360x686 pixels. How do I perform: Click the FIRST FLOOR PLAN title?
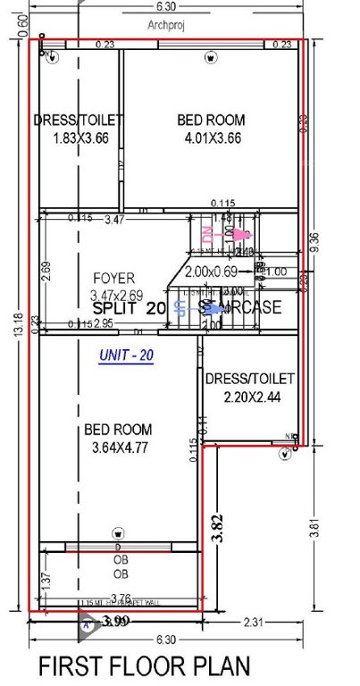click(144, 666)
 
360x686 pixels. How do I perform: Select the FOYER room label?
click(113, 278)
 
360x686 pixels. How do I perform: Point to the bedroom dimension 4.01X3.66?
click(210, 138)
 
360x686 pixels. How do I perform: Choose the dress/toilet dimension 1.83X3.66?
click(78, 138)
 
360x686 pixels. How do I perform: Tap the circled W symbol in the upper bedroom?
click(210, 58)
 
